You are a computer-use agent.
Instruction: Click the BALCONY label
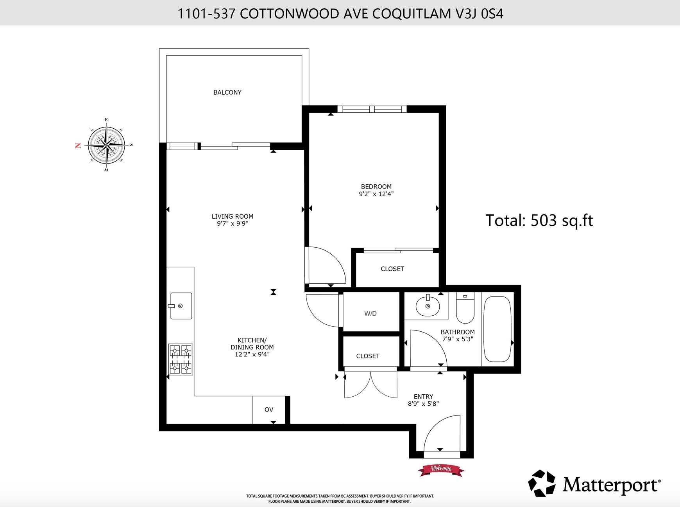227,92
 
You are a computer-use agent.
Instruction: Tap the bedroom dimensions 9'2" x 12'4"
376,194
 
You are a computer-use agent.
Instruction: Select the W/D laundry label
370,313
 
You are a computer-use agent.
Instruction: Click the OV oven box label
268,410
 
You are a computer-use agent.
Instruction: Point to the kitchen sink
181,306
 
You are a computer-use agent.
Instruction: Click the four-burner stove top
181,359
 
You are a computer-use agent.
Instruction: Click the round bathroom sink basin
428,306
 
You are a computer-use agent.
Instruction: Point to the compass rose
106,144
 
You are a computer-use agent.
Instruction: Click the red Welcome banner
441,469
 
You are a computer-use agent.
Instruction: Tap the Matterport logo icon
542,483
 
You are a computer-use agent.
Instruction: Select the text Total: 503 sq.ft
539,220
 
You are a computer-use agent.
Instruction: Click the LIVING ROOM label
232,216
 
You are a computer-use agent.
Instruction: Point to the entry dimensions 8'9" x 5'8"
423,404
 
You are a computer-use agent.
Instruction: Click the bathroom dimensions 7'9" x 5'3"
458,339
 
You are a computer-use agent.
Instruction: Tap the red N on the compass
78,146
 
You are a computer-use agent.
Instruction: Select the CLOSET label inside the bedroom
392,269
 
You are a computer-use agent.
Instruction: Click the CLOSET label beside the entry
368,356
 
